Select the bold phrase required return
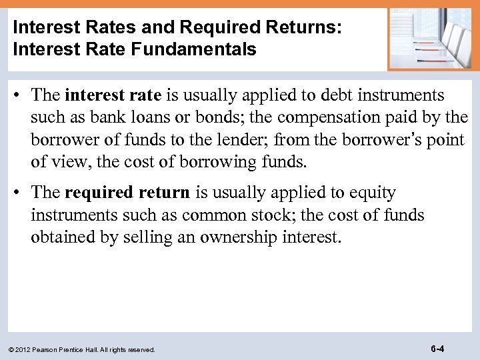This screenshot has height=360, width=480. tap(127, 193)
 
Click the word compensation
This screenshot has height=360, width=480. tap(324, 118)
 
